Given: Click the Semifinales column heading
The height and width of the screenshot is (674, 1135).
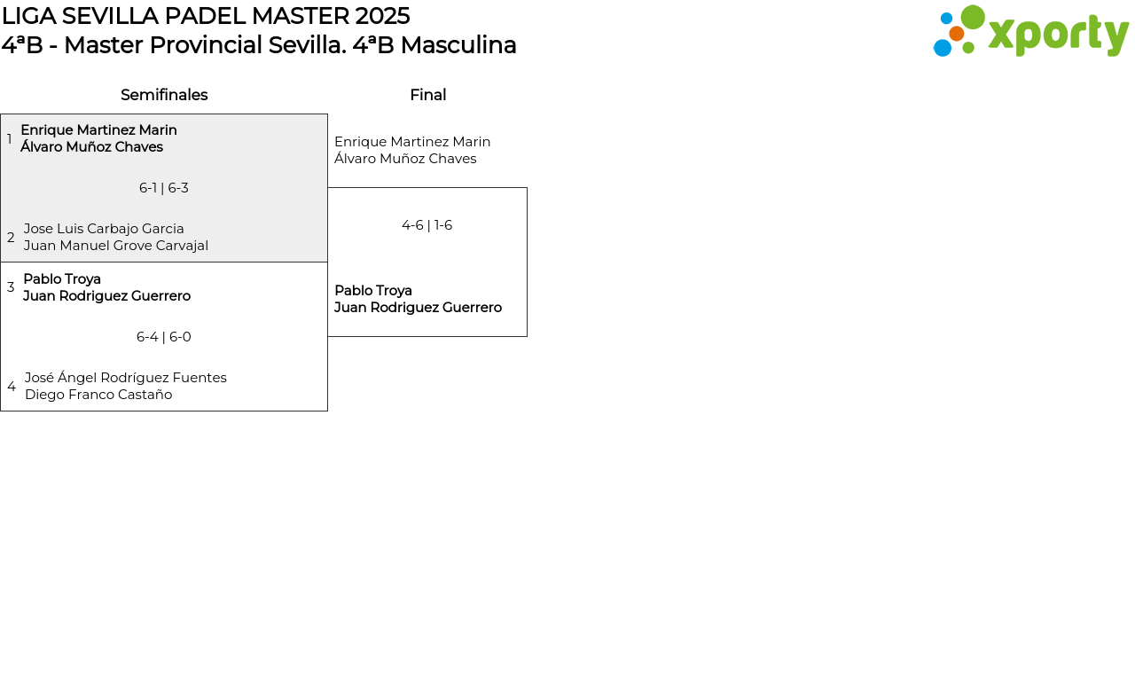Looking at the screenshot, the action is pyautogui.click(x=164, y=95).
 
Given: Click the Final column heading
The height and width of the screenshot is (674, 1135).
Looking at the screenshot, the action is pyautogui.click(x=428, y=95).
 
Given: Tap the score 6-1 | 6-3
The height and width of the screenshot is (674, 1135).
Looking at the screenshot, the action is pyautogui.click(x=164, y=188).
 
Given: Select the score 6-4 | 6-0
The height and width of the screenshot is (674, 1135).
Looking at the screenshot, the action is pyautogui.click(x=164, y=337).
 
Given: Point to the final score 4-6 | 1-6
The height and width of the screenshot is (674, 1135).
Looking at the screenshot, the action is pyautogui.click(x=427, y=225).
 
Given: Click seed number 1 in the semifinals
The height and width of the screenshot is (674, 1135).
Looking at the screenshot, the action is pyautogui.click(x=9, y=138).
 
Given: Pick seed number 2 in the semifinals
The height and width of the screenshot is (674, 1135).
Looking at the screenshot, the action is pyautogui.click(x=11, y=237).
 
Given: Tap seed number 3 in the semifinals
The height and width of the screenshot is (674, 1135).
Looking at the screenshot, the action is pyautogui.click(x=11, y=287).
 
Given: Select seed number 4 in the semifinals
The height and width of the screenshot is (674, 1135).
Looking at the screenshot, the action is pyautogui.click(x=12, y=386).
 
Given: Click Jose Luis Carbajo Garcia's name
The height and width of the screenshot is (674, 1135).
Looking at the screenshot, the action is pyautogui.click(x=104, y=229).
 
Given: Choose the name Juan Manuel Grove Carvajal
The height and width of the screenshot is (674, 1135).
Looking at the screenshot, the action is pyautogui.click(x=115, y=246).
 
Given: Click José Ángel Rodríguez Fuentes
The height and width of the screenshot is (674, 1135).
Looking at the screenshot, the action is pyautogui.click(x=126, y=378).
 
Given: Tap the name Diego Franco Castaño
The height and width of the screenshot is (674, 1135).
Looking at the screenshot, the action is pyautogui.click(x=98, y=395).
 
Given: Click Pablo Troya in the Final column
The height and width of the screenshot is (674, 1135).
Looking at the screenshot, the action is pyautogui.click(x=373, y=290).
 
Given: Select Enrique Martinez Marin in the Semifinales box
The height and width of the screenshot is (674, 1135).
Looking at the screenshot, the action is pyautogui.click(x=98, y=130).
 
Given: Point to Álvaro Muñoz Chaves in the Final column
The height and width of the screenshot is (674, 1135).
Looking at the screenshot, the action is pyautogui.click(x=405, y=159).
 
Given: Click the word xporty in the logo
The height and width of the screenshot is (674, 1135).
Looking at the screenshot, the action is pyautogui.click(x=1059, y=35).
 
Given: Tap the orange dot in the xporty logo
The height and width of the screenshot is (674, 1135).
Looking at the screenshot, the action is pyautogui.click(x=956, y=34).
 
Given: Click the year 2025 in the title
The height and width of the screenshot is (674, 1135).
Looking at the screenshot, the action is pyautogui.click(x=382, y=16).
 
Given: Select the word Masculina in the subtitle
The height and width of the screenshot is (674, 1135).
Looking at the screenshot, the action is pyautogui.click(x=458, y=45).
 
